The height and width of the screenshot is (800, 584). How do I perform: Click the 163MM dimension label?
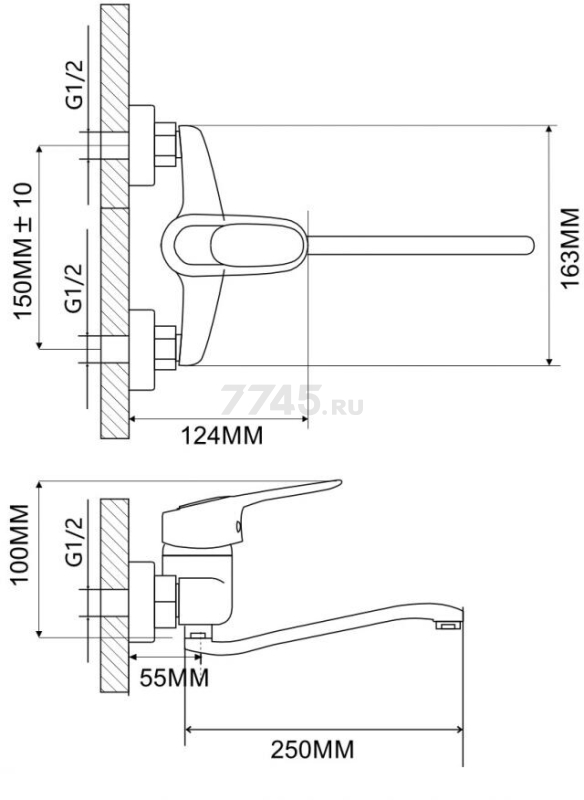pos(570,247)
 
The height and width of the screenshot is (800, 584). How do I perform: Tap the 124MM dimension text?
pos(222,436)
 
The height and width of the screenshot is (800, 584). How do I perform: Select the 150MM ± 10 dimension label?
pos(23,251)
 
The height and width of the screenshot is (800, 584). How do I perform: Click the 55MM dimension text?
pos(174,678)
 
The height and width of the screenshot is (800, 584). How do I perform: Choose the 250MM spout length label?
pos(312,750)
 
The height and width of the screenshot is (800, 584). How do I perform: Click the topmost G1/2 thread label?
pos(74,84)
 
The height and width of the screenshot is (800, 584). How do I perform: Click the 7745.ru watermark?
pos(292,401)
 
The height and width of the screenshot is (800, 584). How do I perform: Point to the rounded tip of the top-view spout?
pos(529,245)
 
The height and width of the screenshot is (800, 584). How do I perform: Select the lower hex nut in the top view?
pos(166,347)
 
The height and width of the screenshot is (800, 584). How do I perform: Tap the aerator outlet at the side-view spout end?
pos(448,625)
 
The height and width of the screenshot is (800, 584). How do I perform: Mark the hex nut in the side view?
pos(166,601)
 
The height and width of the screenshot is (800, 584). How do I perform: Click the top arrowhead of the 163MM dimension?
pos(549,129)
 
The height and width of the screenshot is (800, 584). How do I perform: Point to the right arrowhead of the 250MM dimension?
pos(459,729)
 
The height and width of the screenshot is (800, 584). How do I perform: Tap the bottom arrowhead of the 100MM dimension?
pos(39,632)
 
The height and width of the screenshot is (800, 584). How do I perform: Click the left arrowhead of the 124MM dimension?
pos(134,419)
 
